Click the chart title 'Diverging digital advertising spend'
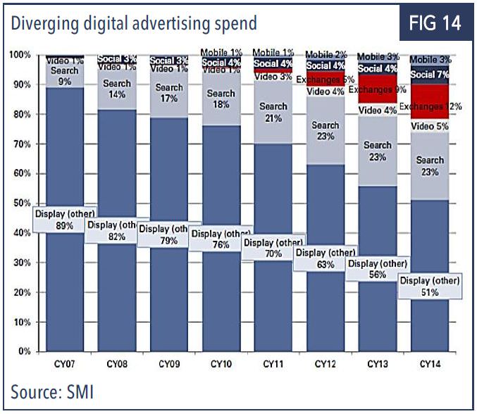pos(133,23)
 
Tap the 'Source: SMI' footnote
pos(52,391)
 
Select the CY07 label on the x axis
pos(65,364)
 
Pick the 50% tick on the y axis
pos(21,203)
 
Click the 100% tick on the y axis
pos(20,55)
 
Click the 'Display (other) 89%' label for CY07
pos(65,219)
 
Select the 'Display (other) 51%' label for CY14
pos(429,286)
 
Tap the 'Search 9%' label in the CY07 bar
pos(65,75)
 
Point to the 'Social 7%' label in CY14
pos(430,75)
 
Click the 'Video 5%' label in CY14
pos(430,127)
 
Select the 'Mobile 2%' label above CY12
pos(325,54)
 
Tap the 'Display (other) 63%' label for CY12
pos(325,258)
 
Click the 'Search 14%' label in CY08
pos(117,88)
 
